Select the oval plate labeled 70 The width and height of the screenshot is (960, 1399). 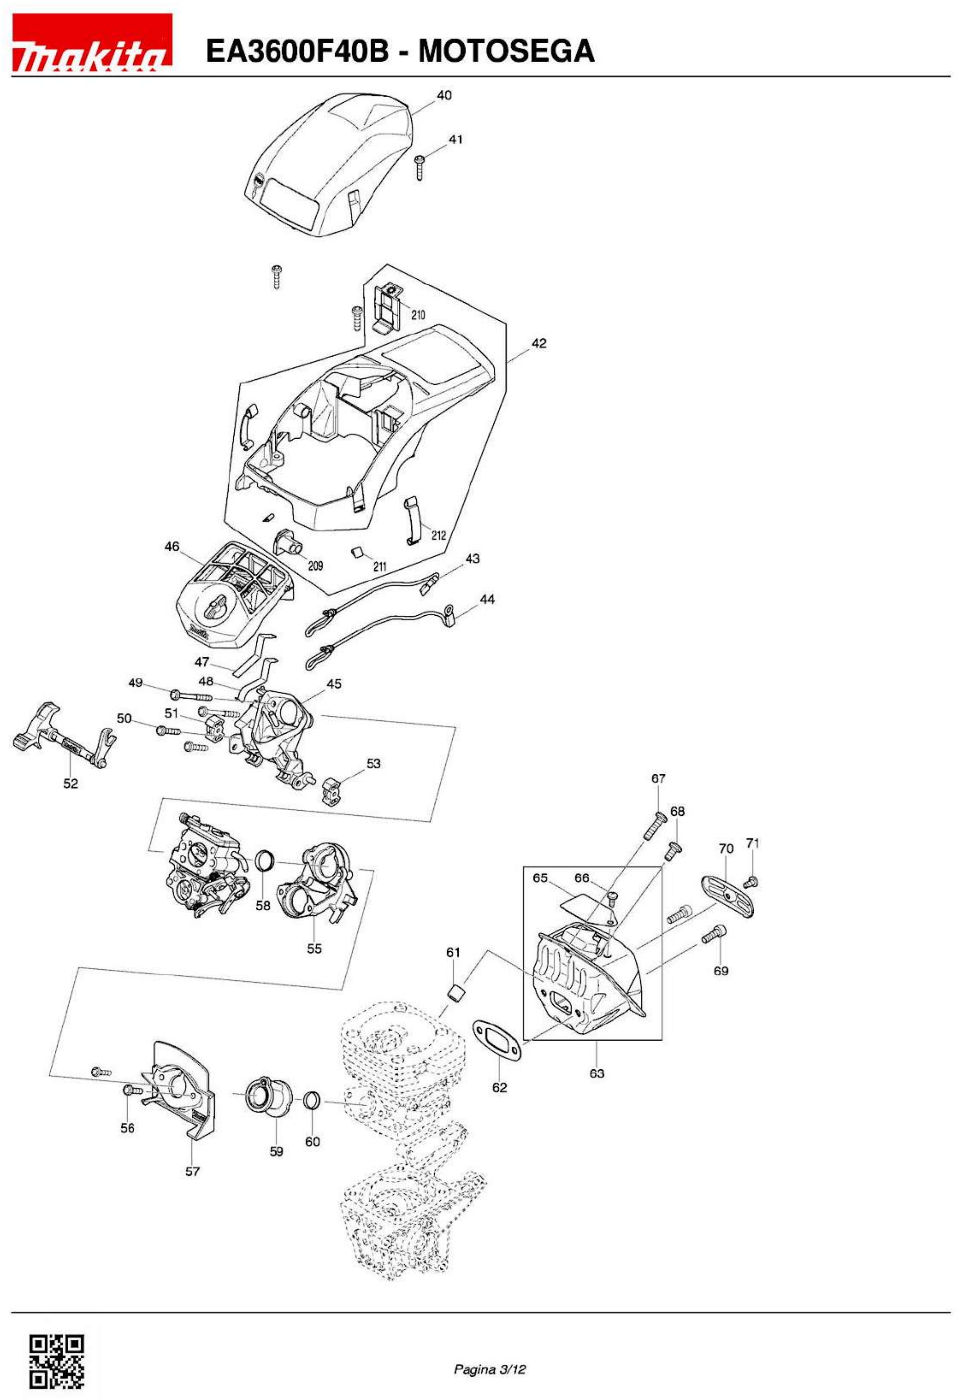pyautogui.click(x=728, y=896)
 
